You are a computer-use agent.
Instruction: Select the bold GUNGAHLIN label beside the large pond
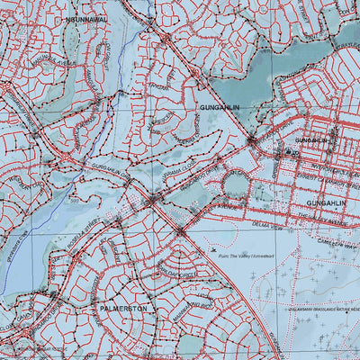click(212, 107)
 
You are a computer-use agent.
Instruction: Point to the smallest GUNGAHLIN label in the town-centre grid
click(310, 140)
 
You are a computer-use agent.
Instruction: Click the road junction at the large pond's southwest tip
click(252, 140)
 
